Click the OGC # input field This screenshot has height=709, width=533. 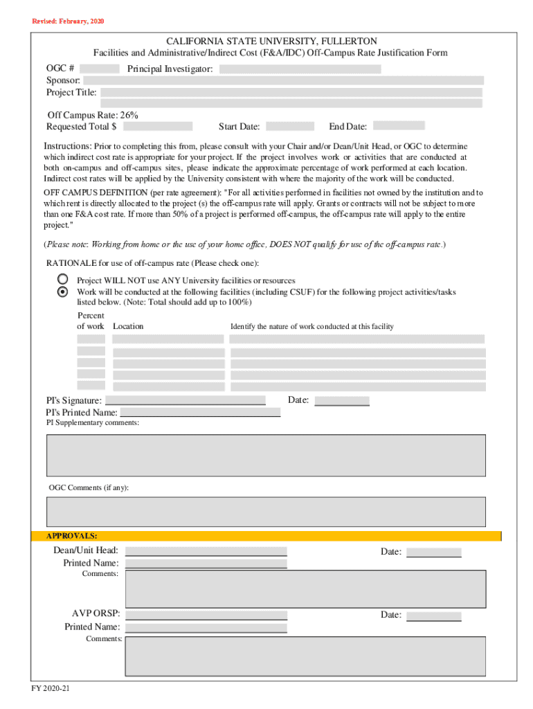[104, 69]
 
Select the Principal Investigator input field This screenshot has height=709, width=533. [300, 69]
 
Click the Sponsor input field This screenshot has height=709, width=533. [283, 80]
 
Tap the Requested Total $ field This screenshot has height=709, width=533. [157, 126]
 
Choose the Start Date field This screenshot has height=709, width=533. [289, 126]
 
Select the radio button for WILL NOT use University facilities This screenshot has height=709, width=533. [63, 279]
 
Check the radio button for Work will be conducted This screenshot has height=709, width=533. [63, 291]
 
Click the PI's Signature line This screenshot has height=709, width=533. [186, 400]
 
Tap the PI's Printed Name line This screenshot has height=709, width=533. [199, 413]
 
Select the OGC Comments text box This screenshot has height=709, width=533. [266, 512]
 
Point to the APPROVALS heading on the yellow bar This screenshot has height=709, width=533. [72, 537]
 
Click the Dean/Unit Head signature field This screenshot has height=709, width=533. [206, 551]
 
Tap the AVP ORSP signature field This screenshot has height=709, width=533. [206, 614]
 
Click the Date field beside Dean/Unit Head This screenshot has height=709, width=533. [433, 552]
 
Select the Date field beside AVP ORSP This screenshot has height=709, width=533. [433, 616]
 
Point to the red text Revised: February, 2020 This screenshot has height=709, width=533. [69, 21]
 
